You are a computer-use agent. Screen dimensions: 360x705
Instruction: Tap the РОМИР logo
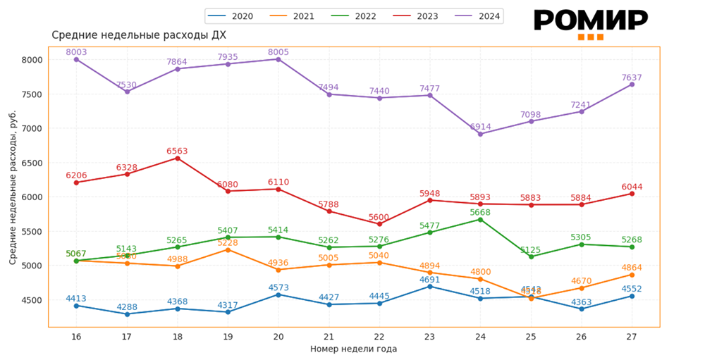click(x=590, y=23)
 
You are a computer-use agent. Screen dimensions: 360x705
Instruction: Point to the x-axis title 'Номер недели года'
click(x=353, y=349)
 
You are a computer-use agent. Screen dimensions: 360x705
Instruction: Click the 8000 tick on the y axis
click(x=32, y=60)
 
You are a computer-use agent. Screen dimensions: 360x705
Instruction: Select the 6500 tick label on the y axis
click(x=32, y=163)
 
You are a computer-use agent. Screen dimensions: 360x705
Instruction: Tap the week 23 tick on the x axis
click(x=429, y=337)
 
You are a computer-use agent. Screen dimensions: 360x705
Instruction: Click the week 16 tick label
click(x=76, y=337)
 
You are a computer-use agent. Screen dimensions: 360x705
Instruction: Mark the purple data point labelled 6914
click(x=480, y=134)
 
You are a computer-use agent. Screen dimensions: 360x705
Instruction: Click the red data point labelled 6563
click(x=178, y=158)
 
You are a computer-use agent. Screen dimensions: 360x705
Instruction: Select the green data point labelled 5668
click(x=480, y=219)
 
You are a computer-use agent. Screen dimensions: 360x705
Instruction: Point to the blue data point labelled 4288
click(x=127, y=314)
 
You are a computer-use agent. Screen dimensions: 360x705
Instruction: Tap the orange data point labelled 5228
click(x=228, y=249)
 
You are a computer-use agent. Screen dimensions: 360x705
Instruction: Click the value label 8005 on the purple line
click(x=278, y=52)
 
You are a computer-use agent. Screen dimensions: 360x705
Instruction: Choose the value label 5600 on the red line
click(x=379, y=217)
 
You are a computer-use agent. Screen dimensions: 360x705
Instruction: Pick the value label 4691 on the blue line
click(x=429, y=279)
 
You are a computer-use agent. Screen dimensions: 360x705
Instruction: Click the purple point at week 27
click(x=632, y=85)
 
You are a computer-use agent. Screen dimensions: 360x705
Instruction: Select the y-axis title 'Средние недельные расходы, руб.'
click(x=13, y=187)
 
